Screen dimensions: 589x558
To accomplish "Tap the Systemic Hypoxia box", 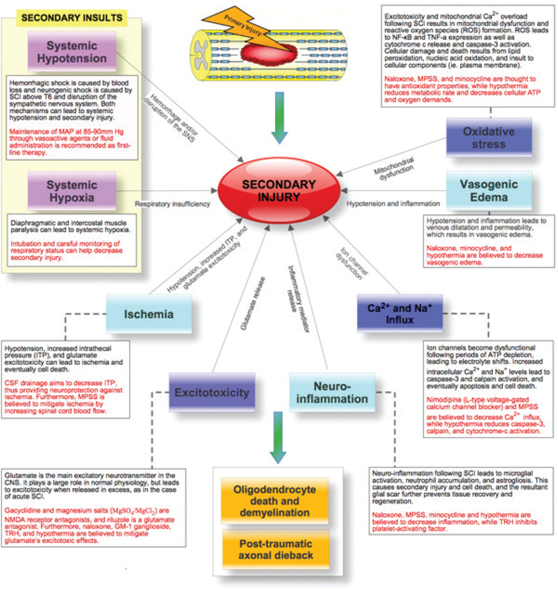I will coord(72,192).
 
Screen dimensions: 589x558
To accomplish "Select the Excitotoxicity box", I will coord(211,392).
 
